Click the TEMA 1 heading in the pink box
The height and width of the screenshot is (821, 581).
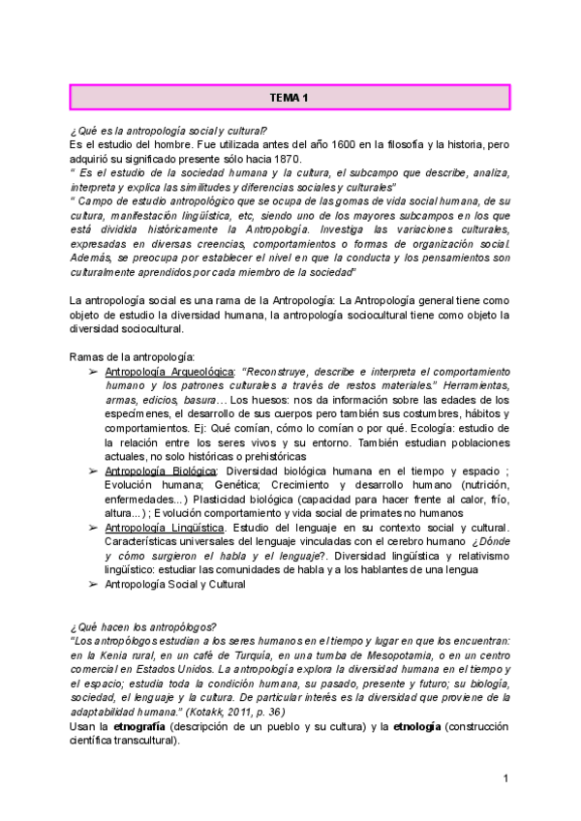[x=289, y=98]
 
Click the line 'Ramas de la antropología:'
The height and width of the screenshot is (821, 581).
[x=134, y=357]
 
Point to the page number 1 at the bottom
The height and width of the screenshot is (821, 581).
[x=505, y=779]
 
